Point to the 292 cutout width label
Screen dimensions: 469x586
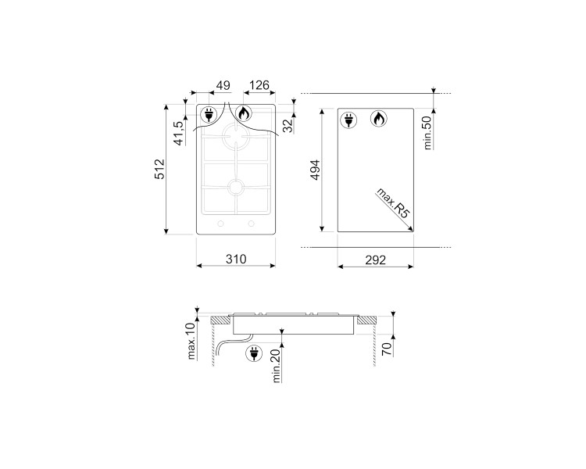click(376, 260)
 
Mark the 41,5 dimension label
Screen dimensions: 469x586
click(179, 132)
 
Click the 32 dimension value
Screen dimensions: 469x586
click(288, 124)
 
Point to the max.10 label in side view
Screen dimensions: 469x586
click(191, 343)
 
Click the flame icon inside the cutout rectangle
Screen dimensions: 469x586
click(378, 119)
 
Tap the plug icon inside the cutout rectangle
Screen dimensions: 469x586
click(348, 119)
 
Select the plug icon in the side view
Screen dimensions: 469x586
click(254, 354)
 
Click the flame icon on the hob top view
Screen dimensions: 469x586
click(244, 115)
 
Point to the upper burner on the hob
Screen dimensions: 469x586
click(235, 138)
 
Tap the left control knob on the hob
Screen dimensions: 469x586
click(220, 226)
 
